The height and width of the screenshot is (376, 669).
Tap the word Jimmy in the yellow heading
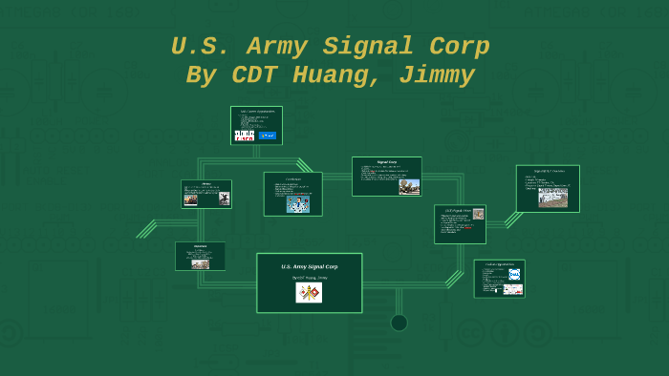tap(438, 75)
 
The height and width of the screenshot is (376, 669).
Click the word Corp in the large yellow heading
tap(457, 46)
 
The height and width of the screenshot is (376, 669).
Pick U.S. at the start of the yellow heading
tap(199, 46)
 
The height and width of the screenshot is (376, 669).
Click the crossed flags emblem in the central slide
tap(309, 293)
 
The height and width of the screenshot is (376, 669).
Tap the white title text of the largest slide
tap(309, 266)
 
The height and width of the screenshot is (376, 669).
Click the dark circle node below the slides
tap(399, 323)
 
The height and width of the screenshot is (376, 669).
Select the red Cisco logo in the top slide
tap(245, 136)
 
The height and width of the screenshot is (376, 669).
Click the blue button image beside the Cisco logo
tap(268, 136)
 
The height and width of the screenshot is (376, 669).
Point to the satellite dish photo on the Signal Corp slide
tap(409, 186)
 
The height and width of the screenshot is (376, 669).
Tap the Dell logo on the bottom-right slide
tap(514, 275)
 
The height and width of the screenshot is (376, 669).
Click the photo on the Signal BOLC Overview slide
tap(552, 197)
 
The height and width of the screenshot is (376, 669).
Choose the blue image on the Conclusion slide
tap(298, 203)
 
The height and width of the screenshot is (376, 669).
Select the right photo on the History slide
tap(224, 198)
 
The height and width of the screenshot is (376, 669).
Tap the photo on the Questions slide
tap(200, 263)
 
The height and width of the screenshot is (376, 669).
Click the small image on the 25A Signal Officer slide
tap(478, 215)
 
